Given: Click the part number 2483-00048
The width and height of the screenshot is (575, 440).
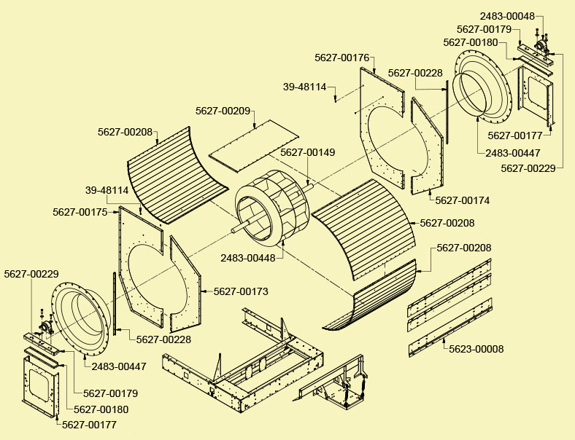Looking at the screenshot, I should pos(509,16).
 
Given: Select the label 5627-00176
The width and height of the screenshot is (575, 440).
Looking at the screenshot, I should pos(341,57).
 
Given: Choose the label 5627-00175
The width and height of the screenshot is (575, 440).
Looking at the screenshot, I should pos(80,212).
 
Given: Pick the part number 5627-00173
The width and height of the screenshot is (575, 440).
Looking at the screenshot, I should pos(241,291).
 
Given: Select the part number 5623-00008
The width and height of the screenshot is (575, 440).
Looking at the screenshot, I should pos(476,349).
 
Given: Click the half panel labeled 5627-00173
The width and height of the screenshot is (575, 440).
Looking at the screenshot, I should pos(186,280).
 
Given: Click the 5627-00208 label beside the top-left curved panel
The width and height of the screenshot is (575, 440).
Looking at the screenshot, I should pos(125,133).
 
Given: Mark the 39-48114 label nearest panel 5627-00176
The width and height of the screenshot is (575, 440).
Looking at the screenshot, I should pos(304,87).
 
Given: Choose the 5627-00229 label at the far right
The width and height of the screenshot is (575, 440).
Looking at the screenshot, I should pos(528,168).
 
